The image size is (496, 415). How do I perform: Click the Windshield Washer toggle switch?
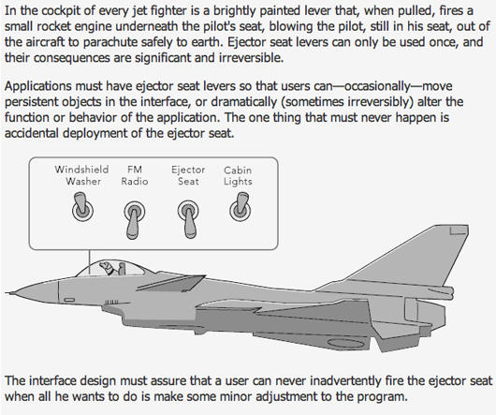82,207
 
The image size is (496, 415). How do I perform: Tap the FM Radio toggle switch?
135,219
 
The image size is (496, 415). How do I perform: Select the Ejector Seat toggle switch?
188,219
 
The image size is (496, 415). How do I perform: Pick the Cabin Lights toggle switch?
241,207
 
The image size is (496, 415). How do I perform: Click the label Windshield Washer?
82,175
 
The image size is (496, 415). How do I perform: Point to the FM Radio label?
135,175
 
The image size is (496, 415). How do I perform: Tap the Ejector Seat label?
188,175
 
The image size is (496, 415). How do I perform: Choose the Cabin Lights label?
238,176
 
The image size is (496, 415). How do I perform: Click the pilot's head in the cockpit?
106,267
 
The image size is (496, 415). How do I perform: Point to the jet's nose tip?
7,293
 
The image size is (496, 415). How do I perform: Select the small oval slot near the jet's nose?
69,300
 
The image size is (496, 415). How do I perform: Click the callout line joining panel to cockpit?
90,262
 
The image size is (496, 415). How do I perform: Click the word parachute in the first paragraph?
115,42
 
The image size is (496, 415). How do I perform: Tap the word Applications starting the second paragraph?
38,86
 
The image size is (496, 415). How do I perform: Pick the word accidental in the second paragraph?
32,133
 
